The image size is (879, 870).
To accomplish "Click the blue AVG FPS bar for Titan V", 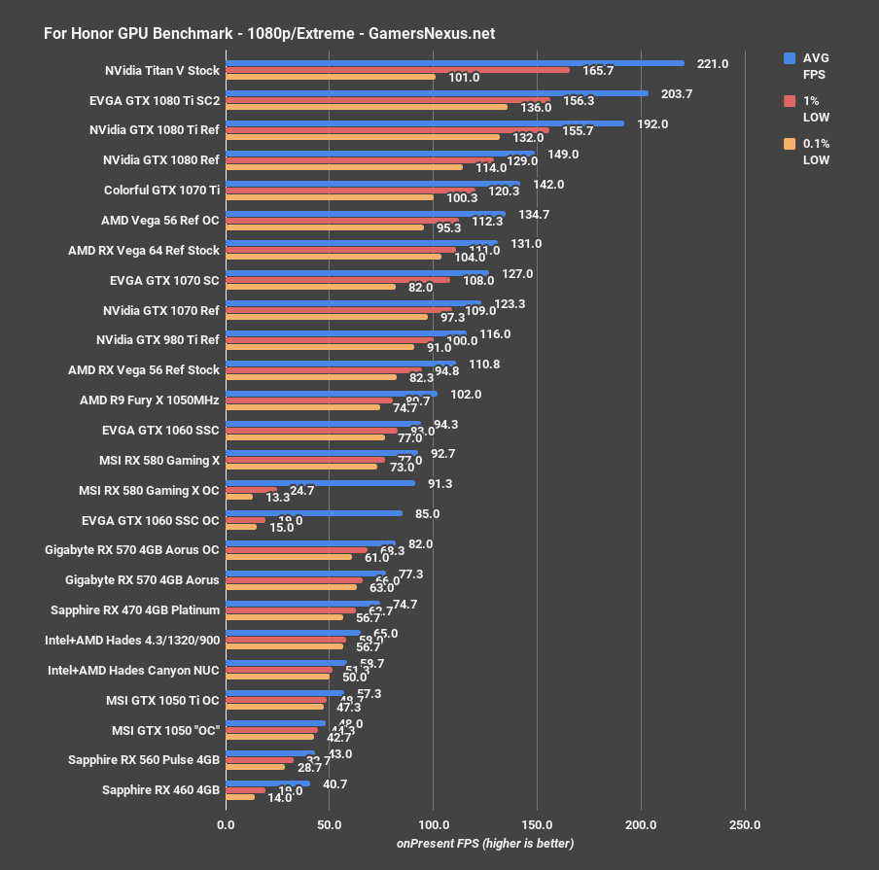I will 454,63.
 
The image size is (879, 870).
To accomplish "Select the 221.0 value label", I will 713,64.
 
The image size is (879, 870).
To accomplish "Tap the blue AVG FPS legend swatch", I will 790,58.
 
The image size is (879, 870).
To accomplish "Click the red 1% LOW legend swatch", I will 790,101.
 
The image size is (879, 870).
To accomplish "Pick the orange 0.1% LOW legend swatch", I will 790,144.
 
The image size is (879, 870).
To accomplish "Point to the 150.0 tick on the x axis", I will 538,824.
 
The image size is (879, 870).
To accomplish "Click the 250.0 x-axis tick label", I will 745,824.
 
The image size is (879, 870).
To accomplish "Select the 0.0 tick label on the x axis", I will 226,824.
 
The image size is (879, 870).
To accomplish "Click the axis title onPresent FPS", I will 484,843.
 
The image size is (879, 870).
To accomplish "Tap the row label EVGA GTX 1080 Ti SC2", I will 154,100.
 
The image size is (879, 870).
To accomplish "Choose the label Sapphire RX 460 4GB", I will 160,790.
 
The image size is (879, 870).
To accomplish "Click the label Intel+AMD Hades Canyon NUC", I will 133,670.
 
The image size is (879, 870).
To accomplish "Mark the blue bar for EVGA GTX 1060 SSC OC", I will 313,513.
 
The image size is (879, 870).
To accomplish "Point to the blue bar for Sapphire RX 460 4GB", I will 267,783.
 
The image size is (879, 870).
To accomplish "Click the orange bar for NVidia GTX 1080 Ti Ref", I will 363,137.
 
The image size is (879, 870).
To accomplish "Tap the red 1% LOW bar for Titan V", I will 397,71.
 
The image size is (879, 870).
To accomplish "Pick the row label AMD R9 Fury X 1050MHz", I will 150,400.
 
